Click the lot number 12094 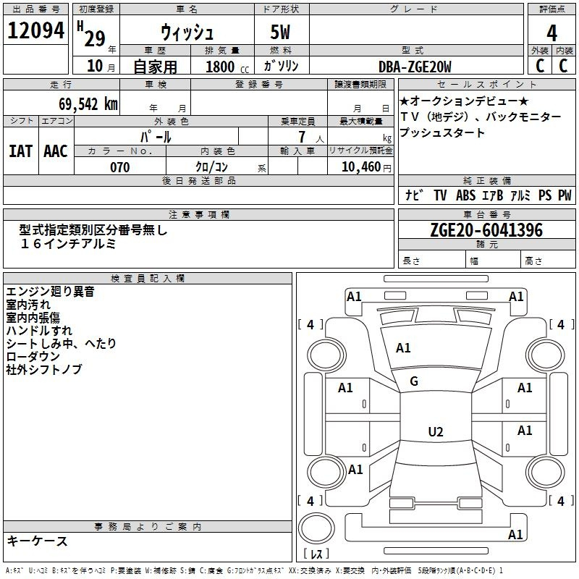click(35, 30)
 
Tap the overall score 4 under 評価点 click(551, 33)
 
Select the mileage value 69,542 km click(88, 104)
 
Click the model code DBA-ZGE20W click(415, 67)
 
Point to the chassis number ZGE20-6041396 click(486, 229)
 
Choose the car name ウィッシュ click(187, 32)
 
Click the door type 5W click(280, 32)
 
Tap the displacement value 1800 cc click(227, 67)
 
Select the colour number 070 click(120, 167)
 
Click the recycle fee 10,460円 click(366, 167)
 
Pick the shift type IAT click(20, 151)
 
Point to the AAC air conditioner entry click(56, 151)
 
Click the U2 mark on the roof click(436, 431)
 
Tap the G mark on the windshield click(414, 381)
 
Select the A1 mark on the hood click(403, 348)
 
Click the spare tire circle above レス click(316, 528)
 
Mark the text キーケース click(38, 541)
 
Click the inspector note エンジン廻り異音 click(50, 292)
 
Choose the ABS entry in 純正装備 click(465, 195)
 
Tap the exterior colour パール click(156, 137)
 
